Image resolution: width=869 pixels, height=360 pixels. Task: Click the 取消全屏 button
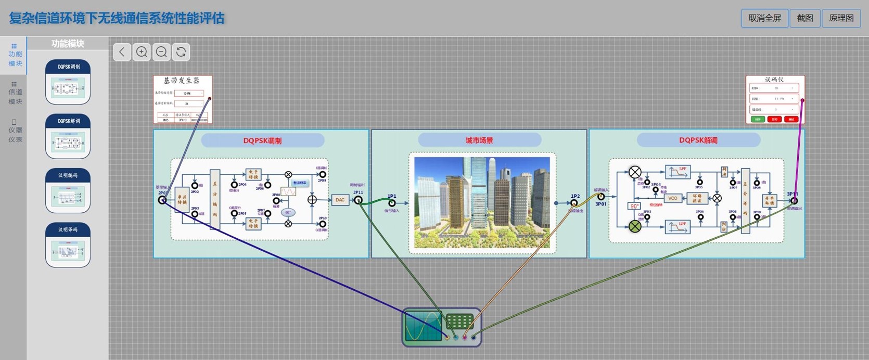tap(764, 18)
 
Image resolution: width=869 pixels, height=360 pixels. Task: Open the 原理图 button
tap(841, 18)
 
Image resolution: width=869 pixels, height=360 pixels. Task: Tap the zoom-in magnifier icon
tap(142, 52)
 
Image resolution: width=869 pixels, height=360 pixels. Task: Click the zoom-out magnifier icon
tap(161, 52)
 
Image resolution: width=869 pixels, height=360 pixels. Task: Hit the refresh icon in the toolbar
tap(181, 52)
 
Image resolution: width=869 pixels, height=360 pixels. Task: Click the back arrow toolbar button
tap(122, 52)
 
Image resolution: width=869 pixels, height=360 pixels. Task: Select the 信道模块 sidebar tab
tap(15, 93)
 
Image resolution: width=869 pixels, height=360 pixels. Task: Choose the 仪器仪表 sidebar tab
tap(15, 131)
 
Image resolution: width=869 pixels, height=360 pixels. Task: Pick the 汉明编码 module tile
tap(68, 190)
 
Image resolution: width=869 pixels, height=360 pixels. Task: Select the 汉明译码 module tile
tap(68, 245)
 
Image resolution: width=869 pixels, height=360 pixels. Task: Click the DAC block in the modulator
tap(340, 200)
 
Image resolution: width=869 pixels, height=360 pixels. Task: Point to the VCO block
tap(673, 198)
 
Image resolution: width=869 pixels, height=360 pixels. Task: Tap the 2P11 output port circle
tap(358, 200)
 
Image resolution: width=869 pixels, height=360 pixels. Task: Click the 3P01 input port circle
tap(601, 197)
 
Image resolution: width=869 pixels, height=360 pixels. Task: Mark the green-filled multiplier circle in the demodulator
tap(635, 226)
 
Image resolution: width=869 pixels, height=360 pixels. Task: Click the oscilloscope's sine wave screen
tap(423, 326)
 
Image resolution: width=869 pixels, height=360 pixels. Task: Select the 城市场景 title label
tap(479, 140)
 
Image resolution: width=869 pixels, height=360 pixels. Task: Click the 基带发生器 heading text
tap(182, 81)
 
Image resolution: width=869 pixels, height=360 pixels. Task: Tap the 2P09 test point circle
tap(323, 175)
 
